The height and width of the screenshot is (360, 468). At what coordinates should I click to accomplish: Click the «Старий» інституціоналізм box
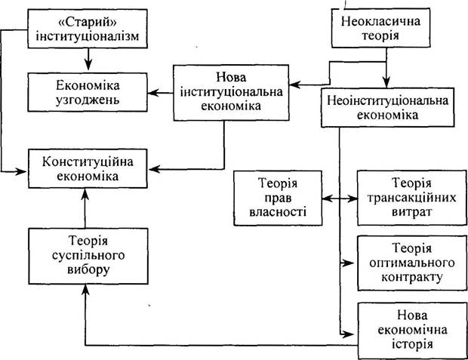click(88, 29)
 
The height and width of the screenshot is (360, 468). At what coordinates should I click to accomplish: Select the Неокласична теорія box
click(381, 28)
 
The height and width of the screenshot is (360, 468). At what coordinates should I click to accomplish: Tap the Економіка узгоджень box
click(88, 92)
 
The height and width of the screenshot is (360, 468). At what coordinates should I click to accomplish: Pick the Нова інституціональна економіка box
click(231, 93)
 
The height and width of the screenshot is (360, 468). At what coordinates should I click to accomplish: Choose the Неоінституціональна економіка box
click(388, 107)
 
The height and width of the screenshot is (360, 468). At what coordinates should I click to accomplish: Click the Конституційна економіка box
click(88, 168)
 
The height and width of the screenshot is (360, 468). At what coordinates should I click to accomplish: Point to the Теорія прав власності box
click(278, 198)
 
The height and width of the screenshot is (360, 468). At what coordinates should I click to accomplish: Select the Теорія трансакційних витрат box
click(412, 198)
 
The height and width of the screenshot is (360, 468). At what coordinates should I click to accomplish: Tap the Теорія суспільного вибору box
click(88, 256)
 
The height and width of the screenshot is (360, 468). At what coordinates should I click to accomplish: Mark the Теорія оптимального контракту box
click(412, 263)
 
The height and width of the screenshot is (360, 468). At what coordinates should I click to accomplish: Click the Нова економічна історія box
click(412, 330)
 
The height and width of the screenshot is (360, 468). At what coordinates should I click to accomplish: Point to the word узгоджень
click(88, 100)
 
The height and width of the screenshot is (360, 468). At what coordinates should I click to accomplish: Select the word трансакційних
click(412, 198)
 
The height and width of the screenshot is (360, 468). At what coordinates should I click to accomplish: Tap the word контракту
click(412, 278)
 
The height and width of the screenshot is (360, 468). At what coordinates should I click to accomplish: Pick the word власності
click(278, 212)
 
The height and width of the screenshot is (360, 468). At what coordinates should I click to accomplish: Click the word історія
click(412, 344)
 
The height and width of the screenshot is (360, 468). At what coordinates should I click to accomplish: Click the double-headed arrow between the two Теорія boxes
click(340, 198)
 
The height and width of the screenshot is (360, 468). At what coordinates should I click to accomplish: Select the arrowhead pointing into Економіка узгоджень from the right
click(152, 93)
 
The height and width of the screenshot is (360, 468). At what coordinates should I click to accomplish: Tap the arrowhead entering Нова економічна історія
click(348, 334)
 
